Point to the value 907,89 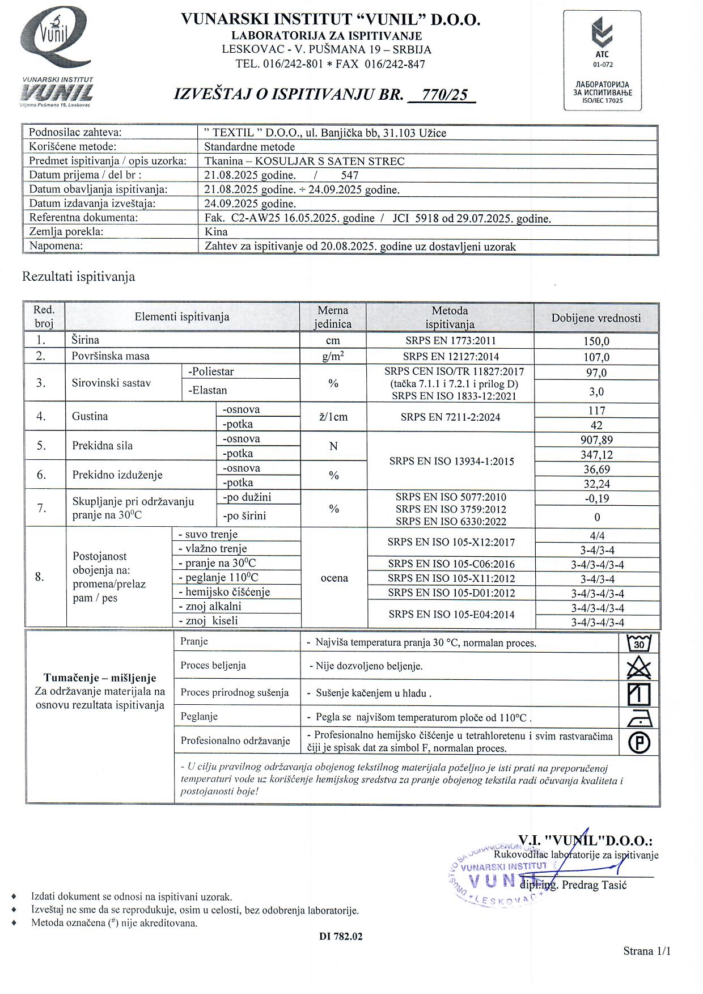point(596,440)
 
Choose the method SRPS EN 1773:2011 point(450,341)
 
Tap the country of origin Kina point(216,231)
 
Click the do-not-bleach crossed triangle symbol point(639,668)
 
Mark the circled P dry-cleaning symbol point(640,743)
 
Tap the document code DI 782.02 point(341,936)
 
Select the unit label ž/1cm point(333,417)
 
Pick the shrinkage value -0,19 point(596,499)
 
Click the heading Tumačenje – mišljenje point(100,678)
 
